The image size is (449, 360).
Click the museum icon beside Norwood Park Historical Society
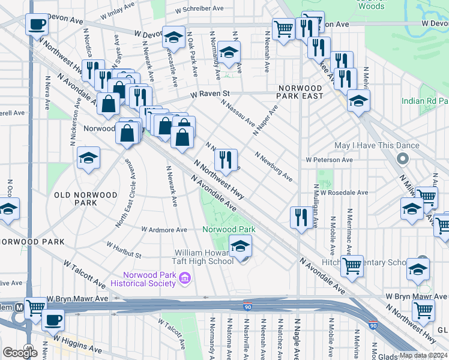[x=185, y=277]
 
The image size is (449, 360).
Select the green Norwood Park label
[x=229, y=229]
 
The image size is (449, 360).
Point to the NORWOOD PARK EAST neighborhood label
[x=300, y=92]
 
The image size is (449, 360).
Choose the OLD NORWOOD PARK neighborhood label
[x=76, y=199]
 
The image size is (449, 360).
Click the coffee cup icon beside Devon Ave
[x=37, y=26]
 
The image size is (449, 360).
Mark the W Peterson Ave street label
[x=329, y=160]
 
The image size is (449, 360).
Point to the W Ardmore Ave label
[x=164, y=229]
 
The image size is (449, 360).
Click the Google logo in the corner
[x=20, y=352]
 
